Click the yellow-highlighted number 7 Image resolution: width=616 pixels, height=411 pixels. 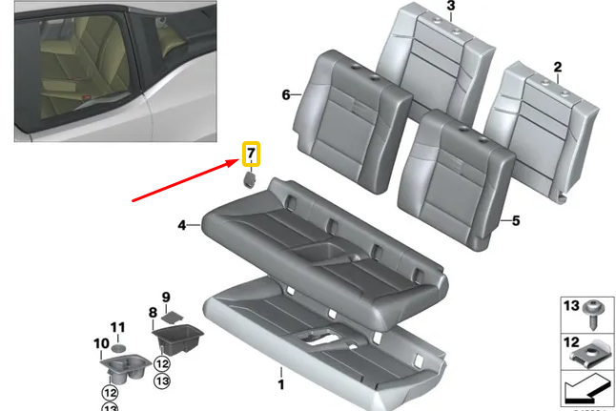tap(251, 154)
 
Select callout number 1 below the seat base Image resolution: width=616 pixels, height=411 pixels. tap(280, 384)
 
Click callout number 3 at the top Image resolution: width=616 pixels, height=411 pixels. tap(451, 7)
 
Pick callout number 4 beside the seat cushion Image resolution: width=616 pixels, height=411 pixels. tap(181, 226)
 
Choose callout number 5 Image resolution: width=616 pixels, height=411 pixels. tap(516, 221)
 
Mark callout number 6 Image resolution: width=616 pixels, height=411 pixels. tap(285, 94)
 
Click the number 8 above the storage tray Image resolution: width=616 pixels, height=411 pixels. tap(151, 312)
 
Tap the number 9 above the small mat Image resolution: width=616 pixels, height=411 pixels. tap(165, 297)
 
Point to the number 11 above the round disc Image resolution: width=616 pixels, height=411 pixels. tap(117, 327)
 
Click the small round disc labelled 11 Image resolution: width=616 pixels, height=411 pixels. tap(119, 344)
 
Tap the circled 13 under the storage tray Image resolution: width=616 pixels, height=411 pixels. tap(162, 380)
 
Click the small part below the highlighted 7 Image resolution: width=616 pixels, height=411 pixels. tap(250, 179)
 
